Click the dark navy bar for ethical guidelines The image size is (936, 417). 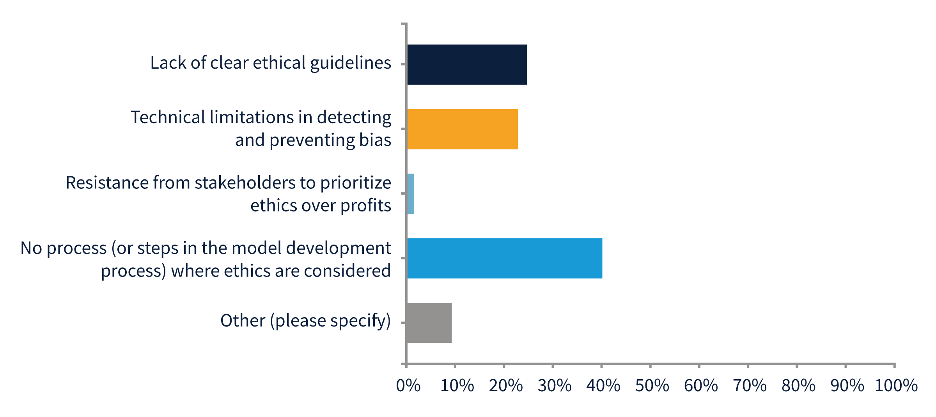coord(467,64)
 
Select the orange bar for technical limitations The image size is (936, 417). coord(462,129)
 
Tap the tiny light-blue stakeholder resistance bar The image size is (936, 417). coord(411,194)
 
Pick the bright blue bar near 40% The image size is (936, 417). coord(504,258)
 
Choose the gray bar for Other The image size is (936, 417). coord(429,323)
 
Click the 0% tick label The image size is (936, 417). coord(408,386)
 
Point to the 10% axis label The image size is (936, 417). coord(457,386)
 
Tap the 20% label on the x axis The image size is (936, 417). coord(505,386)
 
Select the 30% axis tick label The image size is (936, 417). coord(554,386)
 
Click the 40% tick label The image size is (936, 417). coord(603,386)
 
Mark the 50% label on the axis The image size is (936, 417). coord(652,386)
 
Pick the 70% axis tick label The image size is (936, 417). coord(749,386)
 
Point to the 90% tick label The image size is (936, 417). coord(847,386)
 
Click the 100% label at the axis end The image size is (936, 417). coord(896,386)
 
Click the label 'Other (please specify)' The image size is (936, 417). coord(305,321)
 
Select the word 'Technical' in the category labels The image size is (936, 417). coord(168,117)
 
